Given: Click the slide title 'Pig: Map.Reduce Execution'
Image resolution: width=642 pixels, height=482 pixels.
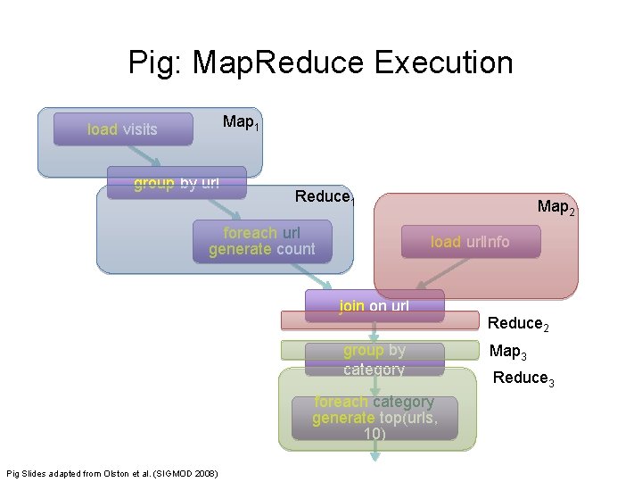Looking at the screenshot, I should point(321,62).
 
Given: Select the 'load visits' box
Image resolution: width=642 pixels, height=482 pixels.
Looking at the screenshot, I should point(123,129).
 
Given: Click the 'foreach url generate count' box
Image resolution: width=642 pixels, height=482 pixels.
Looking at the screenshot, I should point(261,241).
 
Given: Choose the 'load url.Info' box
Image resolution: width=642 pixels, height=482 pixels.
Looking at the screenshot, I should point(470,242).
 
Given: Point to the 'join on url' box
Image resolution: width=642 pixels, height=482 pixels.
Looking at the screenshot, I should point(374,305).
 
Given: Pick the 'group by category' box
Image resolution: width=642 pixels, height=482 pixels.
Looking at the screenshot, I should point(374,359).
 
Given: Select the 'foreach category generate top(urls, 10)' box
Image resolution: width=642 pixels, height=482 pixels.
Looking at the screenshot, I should point(374,418).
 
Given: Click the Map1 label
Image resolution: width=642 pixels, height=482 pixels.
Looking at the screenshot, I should point(241,122).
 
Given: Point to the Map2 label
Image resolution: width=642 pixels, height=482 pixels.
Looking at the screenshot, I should point(556,208).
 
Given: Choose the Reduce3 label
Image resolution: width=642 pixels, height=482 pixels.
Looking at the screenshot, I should point(523,378).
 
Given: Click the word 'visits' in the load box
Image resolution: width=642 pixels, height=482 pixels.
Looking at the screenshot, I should point(139,129).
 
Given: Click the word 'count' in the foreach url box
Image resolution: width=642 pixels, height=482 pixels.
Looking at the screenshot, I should point(295,249).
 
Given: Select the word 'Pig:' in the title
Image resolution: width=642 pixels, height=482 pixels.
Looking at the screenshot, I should point(155,62).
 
